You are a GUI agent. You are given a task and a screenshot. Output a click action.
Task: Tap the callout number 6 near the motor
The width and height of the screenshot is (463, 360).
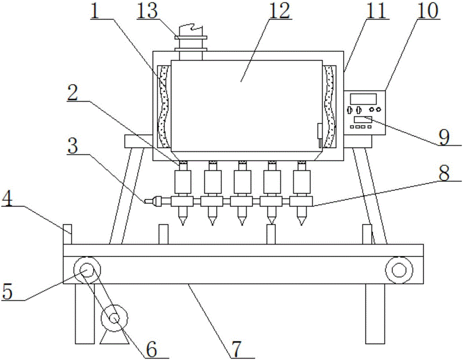pyautogui.click(x=151, y=348)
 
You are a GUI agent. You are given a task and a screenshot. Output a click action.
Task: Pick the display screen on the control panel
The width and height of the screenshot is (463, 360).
pyautogui.click(x=363, y=98)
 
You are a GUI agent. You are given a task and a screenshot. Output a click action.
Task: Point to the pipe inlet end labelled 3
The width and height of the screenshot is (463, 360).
pyautogui.click(x=150, y=202)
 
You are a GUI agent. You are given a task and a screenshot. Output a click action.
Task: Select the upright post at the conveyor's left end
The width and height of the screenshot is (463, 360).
pyautogui.click(x=68, y=234)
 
